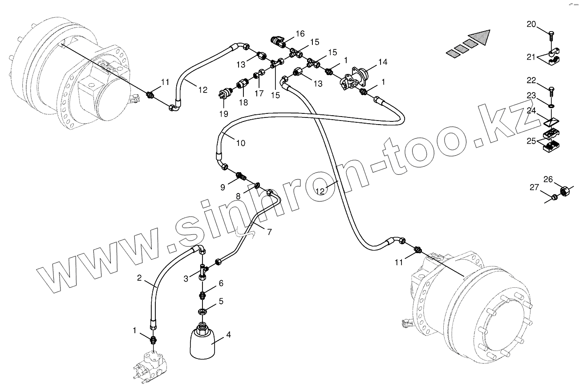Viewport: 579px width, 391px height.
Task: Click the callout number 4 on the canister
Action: coord(228,335)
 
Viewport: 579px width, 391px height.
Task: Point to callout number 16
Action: coord(300,33)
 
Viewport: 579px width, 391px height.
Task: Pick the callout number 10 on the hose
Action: coord(240,143)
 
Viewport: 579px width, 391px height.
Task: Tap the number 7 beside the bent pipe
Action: coord(269,232)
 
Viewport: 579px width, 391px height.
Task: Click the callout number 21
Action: coord(530,56)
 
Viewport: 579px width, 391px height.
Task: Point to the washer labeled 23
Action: coord(551,106)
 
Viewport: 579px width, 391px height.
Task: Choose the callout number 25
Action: coord(531,141)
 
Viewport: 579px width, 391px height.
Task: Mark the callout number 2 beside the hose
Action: coord(139,278)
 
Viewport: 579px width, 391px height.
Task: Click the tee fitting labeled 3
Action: coord(203,271)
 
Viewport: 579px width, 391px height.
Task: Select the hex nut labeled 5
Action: coord(202,311)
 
